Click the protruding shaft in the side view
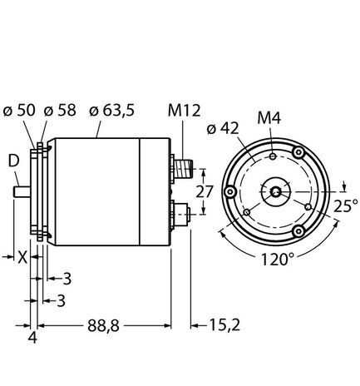(22, 194)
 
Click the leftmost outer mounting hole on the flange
(230, 192)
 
